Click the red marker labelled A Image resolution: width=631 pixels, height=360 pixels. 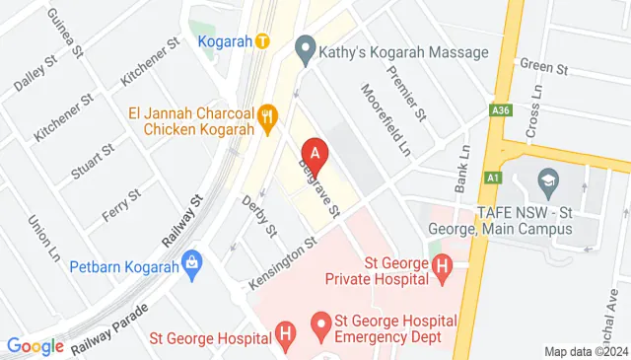click(315, 155)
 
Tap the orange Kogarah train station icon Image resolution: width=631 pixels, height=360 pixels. click(261, 40)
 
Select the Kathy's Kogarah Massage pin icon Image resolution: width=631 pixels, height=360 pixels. click(305, 46)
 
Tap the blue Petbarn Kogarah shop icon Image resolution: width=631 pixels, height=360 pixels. click(191, 265)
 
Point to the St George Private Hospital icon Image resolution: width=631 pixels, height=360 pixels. click(442, 264)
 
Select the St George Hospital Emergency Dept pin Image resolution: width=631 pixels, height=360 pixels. click(319, 323)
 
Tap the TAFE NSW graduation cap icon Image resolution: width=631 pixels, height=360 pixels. click(545, 180)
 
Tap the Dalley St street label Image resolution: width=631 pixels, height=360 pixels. click(33, 75)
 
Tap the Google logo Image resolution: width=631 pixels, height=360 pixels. click(35, 346)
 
